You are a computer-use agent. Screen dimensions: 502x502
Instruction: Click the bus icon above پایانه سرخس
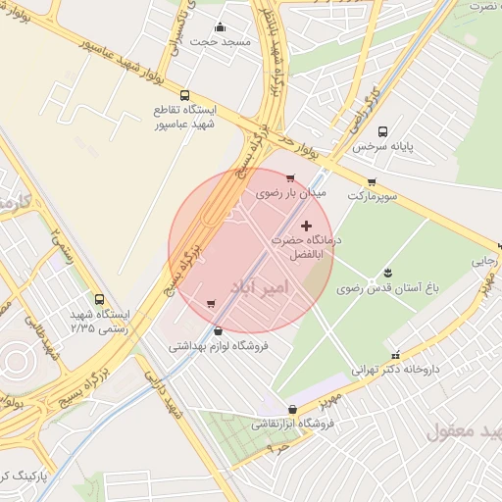tap(381, 130)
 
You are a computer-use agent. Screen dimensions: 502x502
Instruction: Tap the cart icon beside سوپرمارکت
tap(372, 181)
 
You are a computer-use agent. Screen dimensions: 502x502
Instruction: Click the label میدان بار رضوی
tap(290, 193)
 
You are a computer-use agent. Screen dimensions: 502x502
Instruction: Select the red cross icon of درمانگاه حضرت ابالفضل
tap(306, 226)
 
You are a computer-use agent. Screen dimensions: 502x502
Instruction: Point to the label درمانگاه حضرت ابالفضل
tap(309, 247)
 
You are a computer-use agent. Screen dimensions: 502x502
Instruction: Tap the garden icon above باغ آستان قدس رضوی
tap(388, 272)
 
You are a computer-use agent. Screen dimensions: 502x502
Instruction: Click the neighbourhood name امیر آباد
tap(261, 287)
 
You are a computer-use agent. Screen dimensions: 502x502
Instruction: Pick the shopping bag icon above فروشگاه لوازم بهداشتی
tap(218, 330)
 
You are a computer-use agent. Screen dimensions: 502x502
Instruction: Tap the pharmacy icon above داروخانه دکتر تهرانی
tap(395, 356)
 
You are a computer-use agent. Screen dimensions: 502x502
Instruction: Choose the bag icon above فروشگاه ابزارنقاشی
tap(292, 409)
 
